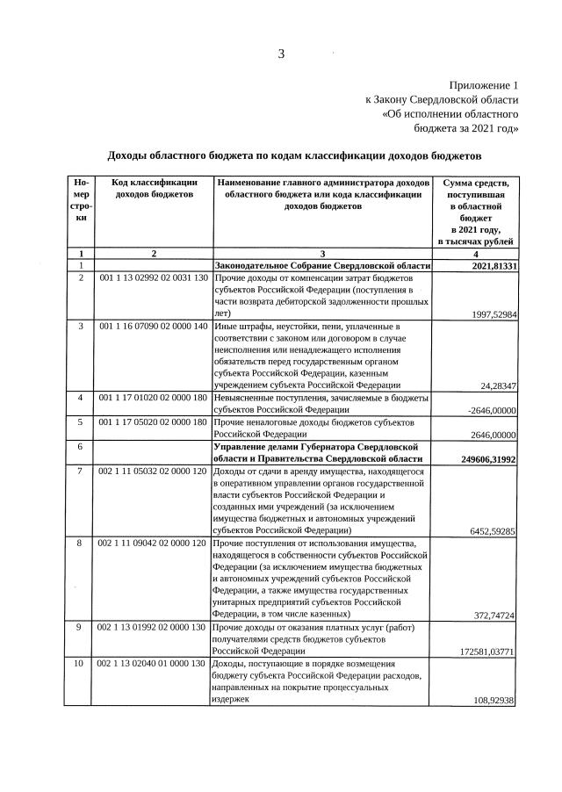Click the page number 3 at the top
281,54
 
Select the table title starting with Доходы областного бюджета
294,155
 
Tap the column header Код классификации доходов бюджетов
154,188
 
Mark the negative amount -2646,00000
489,410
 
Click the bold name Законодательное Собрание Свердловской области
322,266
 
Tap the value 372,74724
494,615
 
